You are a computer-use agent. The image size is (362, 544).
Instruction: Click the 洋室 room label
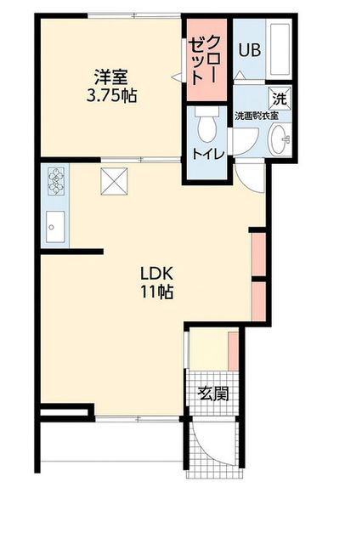[x=111, y=77]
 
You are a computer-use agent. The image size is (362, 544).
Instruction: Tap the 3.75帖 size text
[x=111, y=96]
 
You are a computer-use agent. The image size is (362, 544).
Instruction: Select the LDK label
[x=156, y=274]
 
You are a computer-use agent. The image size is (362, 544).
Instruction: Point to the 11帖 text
[x=156, y=292]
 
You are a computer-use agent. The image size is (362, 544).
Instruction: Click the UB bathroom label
[x=249, y=51]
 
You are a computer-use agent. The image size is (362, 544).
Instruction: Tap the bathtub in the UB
[x=280, y=49]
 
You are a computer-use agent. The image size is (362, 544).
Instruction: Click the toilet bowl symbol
[x=207, y=125]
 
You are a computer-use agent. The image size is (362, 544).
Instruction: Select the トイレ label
[x=209, y=154]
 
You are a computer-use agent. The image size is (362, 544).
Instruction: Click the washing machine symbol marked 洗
[x=280, y=99]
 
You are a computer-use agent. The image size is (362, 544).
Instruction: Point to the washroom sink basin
[x=281, y=139]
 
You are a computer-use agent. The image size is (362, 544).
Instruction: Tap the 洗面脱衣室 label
[x=257, y=116]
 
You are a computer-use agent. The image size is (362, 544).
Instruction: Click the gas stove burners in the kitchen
[x=55, y=179]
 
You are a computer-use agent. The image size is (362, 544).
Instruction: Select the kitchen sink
[x=55, y=227]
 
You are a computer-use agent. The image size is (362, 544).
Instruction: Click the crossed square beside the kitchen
[x=114, y=181]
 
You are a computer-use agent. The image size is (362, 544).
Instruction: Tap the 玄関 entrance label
[x=213, y=394]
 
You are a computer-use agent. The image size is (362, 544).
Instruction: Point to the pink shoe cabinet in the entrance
[x=234, y=351]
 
